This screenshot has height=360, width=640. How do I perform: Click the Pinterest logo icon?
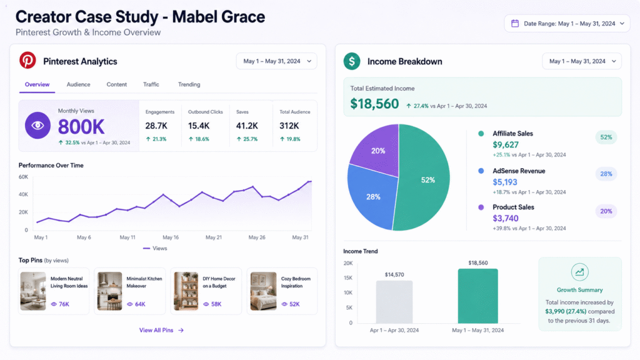pyautogui.click(x=27, y=61)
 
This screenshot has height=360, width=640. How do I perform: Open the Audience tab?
pyautogui.click(x=78, y=84)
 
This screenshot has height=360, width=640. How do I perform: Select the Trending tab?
pyautogui.click(x=189, y=84)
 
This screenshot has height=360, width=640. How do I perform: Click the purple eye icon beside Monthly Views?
pyautogui.click(x=37, y=125)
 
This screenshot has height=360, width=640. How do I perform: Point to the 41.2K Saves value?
pyautogui.click(x=247, y=126)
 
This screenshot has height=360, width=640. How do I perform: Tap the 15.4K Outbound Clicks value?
pyautogui.click(x=199, y=126)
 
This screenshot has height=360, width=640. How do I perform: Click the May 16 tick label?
pyautogui.click(x=171, y=237)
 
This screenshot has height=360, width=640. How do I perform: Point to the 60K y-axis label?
pyautogui.click(x=23, y=177)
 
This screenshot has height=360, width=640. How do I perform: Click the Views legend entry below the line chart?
pyautogui.click(x=155, y=248)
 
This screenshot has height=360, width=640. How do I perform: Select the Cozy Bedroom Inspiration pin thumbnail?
pyautogui.click(x=263, y=291)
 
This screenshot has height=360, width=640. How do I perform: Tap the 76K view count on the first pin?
pyautogui.click(x=60, y=304)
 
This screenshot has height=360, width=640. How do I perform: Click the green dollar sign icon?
pyautogui.click(x=352, y=61)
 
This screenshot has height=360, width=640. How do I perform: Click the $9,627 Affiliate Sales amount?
pyautogui.click(x=506, y=145)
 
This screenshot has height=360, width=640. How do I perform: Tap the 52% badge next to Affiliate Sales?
pyautogui.click(x=606, y=137)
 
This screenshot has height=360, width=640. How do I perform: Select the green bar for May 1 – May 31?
pyautogui.click(x=478, y=296)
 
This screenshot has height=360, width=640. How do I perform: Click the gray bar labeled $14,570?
pyautogui.click(x=394, y=302)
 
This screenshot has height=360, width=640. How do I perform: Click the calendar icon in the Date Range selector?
pyautogui.click(x=515, y=24)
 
